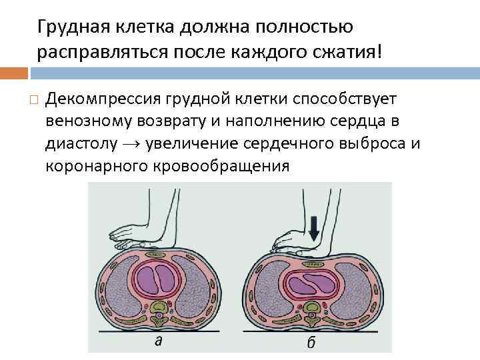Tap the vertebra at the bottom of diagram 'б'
(312, 310)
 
